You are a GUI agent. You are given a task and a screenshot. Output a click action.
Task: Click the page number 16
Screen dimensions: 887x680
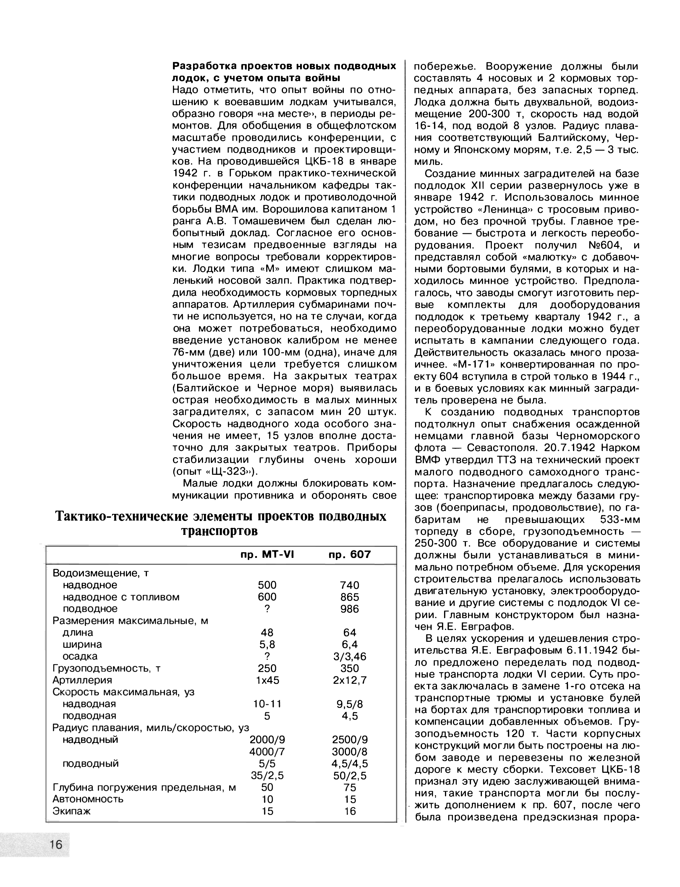click(56, 844)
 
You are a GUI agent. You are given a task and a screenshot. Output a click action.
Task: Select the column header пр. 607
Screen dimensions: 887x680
click(350, 554)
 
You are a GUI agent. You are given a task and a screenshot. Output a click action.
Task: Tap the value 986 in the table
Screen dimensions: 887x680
click(350, 609)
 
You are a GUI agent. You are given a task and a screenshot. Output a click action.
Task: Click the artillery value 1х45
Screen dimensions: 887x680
click(268, 680)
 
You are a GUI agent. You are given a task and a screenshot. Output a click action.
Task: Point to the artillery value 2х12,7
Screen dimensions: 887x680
click(350, 680)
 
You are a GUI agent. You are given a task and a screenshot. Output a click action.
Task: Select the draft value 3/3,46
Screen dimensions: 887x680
click(350, 656)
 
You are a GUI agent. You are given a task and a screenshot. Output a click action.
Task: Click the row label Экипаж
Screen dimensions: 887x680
click(72, 811)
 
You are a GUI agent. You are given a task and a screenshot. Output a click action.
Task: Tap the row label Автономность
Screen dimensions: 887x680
click(88, 799)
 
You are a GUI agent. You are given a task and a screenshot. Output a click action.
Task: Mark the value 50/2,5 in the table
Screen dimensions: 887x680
click(350, 776)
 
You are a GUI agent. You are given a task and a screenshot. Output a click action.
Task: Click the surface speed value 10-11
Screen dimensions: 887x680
click(267, 704)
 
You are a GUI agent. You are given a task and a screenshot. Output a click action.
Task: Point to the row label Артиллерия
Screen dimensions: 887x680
click(82, 680)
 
